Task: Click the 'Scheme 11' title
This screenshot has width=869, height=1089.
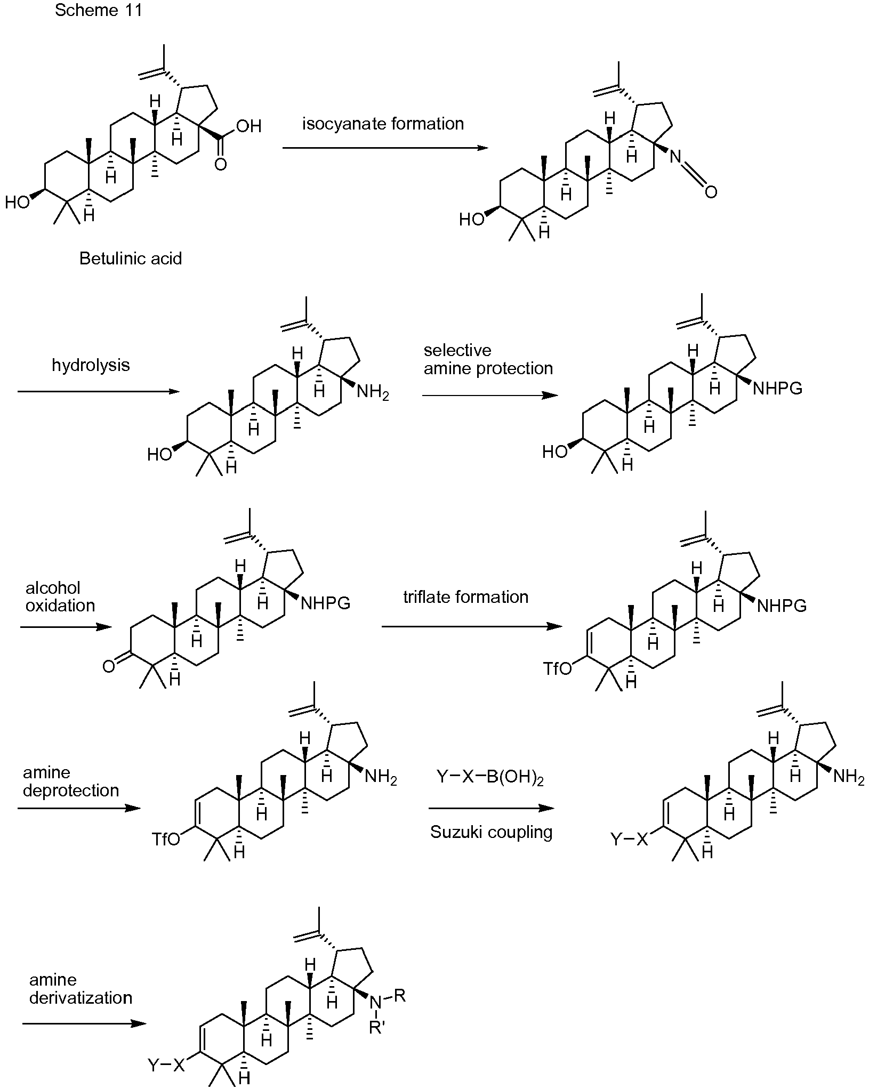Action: [x=99, y=10]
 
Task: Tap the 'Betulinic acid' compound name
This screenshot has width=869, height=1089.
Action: [x=131, y=259]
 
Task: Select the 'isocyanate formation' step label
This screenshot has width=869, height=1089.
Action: [x=383, y=124]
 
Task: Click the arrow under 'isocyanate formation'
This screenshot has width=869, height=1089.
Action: [x=385, y=147]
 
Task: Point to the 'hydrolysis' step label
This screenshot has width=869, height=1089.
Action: [x=91, y=365]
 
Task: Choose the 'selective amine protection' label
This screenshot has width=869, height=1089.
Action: [x=488, y=359]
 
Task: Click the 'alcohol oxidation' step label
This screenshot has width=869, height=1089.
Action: [x=60, y=596]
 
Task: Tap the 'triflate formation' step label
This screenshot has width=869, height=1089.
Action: [x=465, y=597]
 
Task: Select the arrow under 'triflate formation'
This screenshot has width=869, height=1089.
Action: [x=472, y=627]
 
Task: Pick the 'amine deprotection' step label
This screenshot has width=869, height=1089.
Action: [x=71, y=781]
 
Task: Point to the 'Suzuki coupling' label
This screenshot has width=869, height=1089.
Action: [x=491, y=832]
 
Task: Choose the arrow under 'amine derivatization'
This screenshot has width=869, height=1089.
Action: [x=84, y=1023]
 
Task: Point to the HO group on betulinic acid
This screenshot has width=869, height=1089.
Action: [x=17, y=203]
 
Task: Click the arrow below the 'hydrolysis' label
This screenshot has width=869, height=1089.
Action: [x=99, y=392]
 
